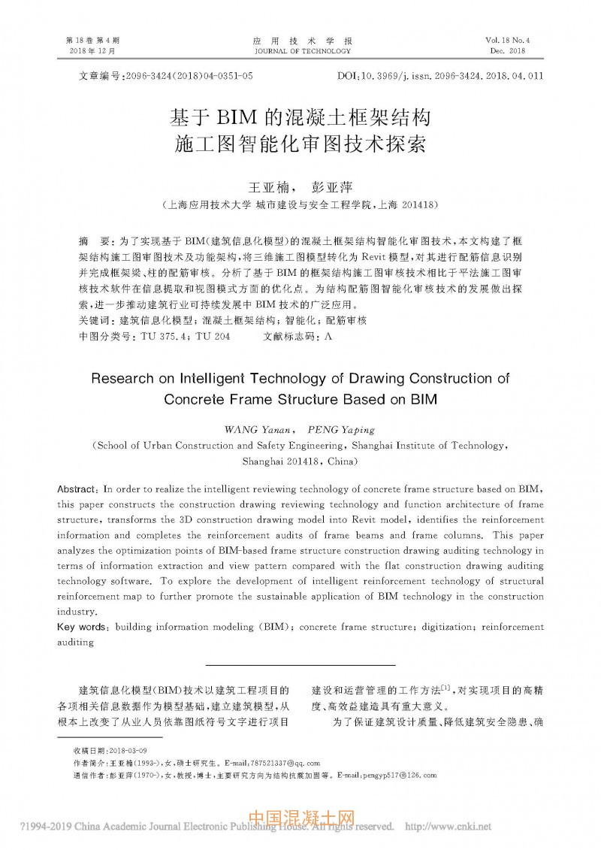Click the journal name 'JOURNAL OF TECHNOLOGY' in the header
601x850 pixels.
click(303, 51)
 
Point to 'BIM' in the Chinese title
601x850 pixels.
click(237, 116)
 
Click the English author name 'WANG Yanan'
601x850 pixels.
click(256, 430)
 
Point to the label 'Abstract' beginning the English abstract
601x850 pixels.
click(78, 487)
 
